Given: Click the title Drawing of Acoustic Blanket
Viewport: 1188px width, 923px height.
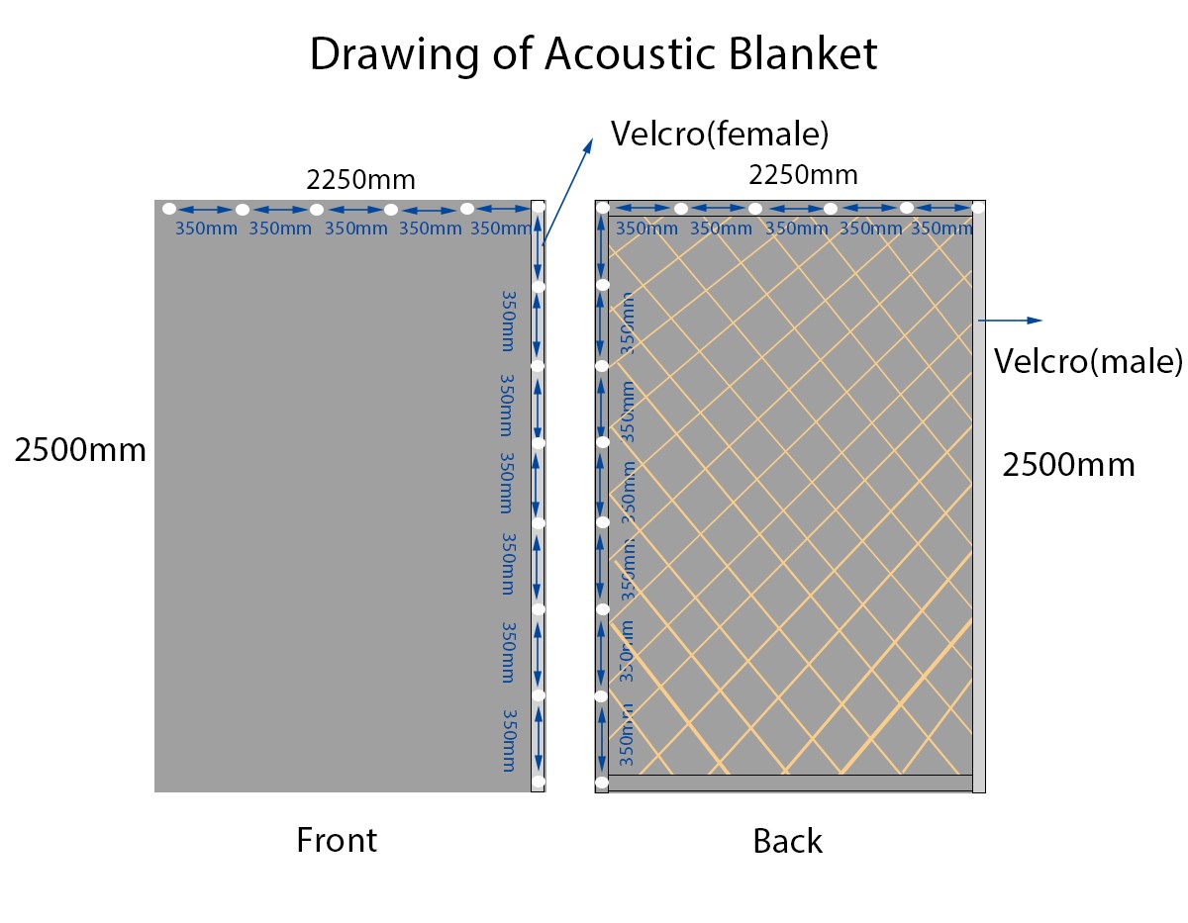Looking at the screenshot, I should [593, 53].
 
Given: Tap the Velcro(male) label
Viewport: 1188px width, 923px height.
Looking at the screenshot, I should [1088, 361].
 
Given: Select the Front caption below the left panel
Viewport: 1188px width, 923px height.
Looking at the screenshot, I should [337, 840].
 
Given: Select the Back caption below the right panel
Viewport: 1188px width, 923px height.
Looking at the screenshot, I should [787, 841].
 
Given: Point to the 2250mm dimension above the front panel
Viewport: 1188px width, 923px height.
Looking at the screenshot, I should [360, 180].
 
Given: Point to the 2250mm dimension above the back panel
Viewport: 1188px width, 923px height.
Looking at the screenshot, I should [802, 175].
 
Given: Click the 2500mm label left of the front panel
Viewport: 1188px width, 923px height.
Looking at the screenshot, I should [80, 450].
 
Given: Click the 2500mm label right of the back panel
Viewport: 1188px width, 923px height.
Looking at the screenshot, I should [1068, 464].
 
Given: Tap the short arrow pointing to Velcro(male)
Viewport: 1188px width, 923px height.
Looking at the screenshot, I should [1010, 320].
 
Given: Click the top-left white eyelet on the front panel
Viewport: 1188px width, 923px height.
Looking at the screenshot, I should [169, 209].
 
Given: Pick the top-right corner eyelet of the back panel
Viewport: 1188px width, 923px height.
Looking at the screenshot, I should [978, 208].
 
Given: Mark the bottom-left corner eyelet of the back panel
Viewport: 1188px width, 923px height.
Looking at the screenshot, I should [601, 785].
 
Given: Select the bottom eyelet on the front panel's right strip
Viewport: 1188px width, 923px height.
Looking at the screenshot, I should [538, 782].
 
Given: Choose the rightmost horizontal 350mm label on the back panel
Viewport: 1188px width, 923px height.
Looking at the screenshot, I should [940, 229].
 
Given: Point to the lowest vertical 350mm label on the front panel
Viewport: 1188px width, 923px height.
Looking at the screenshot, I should [509, 740].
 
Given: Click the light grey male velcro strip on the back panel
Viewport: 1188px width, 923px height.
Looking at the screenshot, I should [978, 495].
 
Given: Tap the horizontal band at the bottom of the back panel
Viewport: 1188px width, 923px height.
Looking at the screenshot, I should [789, 783].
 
